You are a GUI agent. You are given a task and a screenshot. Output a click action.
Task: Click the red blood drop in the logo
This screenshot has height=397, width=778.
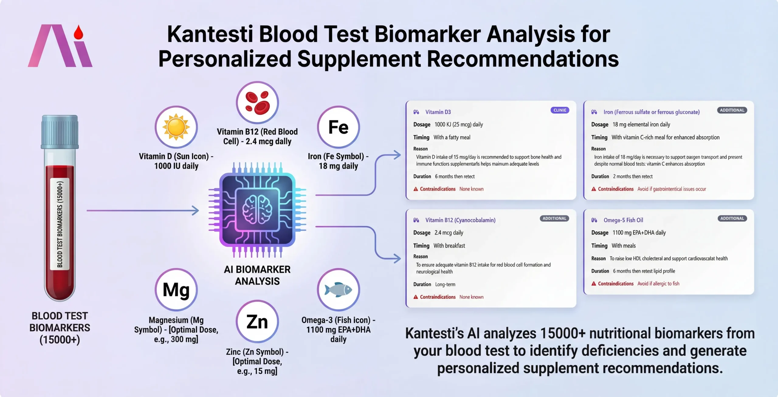click(x=78, y=32)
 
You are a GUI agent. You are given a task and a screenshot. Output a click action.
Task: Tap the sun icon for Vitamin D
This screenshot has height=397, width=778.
click(x=176, y=127)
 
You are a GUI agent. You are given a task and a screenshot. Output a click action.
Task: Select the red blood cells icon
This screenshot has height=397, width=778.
click(x=257, y=103)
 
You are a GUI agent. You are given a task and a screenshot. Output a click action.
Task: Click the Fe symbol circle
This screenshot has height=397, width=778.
click(x=338, y=127)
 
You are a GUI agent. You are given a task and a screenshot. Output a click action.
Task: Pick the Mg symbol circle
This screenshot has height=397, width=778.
click(x=176, y=290)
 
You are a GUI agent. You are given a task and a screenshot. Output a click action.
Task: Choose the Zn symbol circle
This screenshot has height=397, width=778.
click(x=257, y=321)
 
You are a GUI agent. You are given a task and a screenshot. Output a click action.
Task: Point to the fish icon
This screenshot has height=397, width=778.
click(x=338, y=290)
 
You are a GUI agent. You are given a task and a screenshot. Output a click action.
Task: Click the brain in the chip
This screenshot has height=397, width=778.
click(x=257, y=209)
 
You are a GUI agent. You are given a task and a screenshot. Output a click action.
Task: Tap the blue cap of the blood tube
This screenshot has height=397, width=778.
click(x=60, y=131)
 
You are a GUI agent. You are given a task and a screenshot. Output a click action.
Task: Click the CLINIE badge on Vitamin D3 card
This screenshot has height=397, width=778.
click(x=560, y=110)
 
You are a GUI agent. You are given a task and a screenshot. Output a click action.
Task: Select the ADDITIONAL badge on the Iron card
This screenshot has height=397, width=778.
click(x=732, y=110)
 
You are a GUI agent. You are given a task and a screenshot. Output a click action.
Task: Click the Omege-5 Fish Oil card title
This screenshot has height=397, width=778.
click(x=623, y=220)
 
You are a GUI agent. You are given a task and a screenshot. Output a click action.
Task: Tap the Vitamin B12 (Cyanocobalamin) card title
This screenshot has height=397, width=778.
click(x=460, y=220)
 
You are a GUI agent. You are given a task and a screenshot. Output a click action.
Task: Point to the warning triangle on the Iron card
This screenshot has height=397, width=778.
click(x=594, y=189)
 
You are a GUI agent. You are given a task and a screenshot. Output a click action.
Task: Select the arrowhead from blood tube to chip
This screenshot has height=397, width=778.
click(x=195, y=210)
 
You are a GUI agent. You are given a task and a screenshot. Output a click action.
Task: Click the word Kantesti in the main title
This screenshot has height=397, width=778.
click(x=210, y=34)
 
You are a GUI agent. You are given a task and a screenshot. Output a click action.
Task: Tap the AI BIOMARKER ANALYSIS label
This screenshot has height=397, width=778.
click(x=257, y=275)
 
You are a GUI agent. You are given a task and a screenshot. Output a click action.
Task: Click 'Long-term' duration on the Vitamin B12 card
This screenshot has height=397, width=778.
click(x=445, y=284)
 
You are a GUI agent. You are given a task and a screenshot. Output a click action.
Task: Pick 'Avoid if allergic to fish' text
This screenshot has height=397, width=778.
click(x=658, y=283)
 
